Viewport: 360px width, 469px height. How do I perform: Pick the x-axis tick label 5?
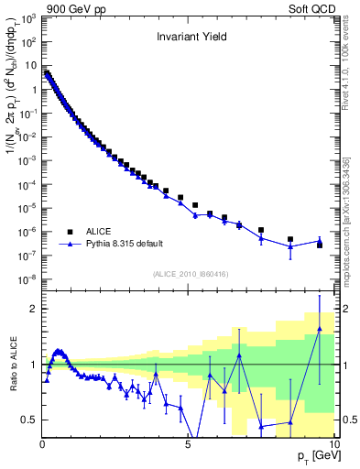[x=188, y=444]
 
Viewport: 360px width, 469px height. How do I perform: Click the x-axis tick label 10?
[x=333, y=444]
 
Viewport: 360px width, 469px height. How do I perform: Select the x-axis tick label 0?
[x=42, y=444]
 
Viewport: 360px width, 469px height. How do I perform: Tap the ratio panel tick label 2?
[x=34, y=309]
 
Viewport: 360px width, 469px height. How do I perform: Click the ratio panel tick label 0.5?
[x=29, y=420]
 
